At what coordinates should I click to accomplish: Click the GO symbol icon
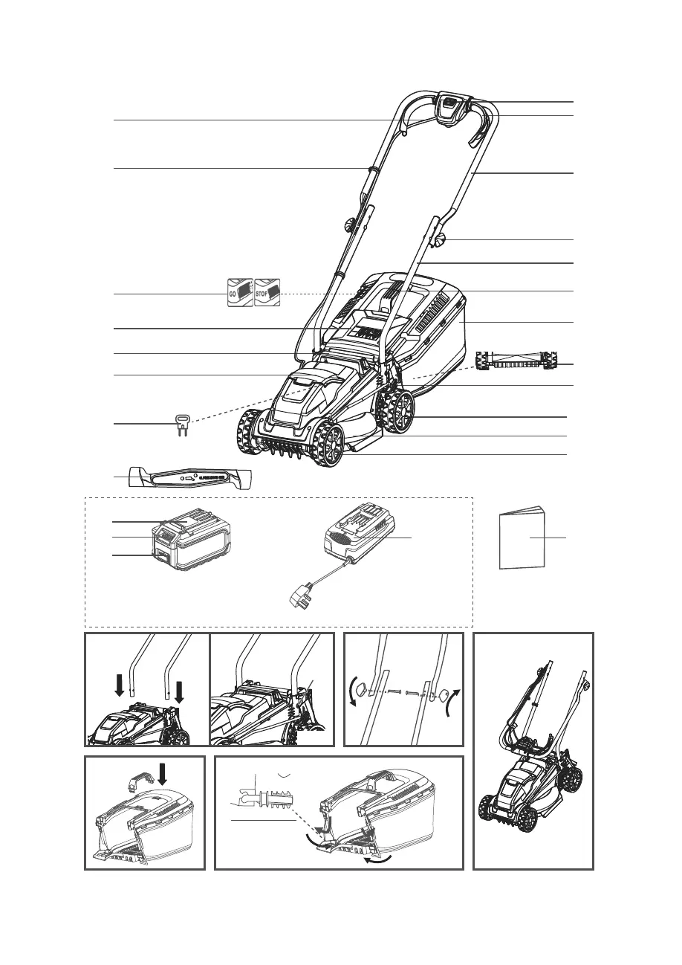tap(239, 293)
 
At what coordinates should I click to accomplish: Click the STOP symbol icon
tap(267, 293)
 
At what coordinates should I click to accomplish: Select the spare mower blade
tap(189, 477)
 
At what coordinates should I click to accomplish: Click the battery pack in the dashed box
tap(192, 545)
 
